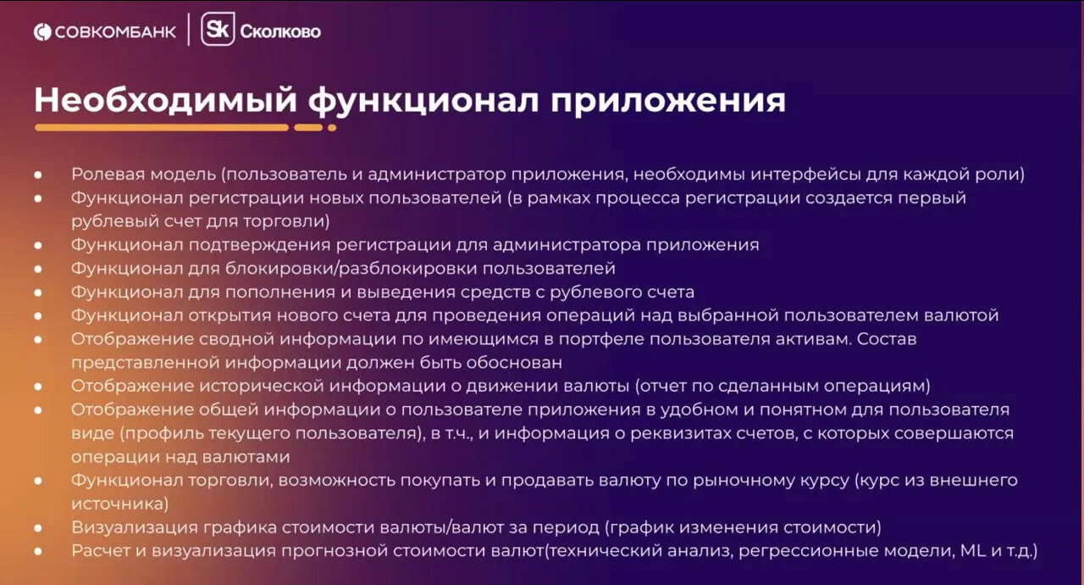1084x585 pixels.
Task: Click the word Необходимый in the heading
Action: click(x=166, y=100)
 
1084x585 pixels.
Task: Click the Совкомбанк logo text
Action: click(x=115, y=32)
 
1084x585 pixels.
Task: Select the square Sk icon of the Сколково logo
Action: click(x=218, y=31)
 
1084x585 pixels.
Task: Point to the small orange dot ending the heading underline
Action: click(x=332, y=128)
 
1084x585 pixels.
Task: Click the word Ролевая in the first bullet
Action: click(x=104, y=174)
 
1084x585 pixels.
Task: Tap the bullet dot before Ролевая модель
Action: click(x=39, y=174)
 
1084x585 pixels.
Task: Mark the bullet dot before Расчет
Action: click(x=39, y=551)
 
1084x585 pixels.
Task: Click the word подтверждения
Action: click(x=257, y=245)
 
